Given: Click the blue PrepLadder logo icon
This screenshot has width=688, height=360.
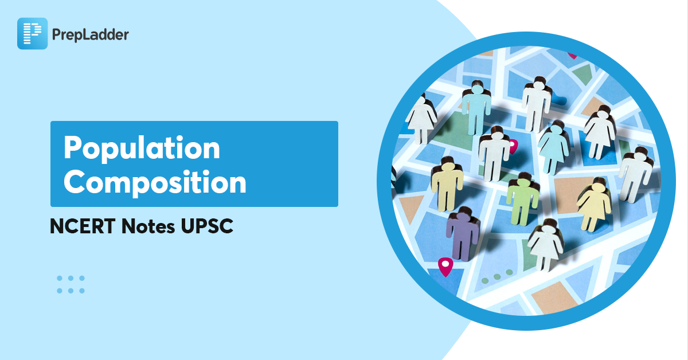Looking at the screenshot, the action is (x=32, y=33).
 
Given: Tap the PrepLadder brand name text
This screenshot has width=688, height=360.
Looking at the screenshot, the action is (x=91, y=35).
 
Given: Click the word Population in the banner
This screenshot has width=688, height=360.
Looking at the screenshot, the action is (x=142, y=148).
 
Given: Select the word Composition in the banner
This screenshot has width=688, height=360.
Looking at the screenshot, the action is (x=155, y=183).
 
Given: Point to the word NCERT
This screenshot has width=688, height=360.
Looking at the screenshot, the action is (x=83, y=226).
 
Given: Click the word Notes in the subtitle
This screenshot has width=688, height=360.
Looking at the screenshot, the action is (x=148, y=226).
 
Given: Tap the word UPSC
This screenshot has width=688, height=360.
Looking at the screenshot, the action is (x=207, y=226).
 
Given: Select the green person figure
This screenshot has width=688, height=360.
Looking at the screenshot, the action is (x=522, y=199).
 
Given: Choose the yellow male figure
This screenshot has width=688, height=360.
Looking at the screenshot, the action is (x=447, y=185).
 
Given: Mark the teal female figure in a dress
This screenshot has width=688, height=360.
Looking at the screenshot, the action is (x=553, y=147).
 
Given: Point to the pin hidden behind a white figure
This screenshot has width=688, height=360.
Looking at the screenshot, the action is (x=513, y=146).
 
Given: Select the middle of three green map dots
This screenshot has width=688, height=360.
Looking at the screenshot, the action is (x=497, y=277).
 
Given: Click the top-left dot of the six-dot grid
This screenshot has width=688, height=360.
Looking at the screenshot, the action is (x=60, y=278).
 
